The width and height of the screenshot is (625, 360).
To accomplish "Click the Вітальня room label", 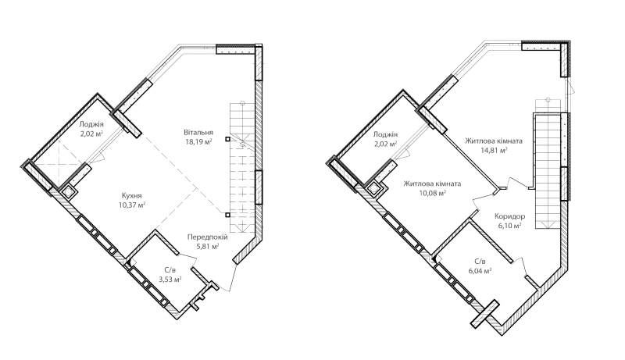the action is (x=198, y=132).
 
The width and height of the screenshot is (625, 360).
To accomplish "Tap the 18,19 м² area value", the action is (x=198, y=141).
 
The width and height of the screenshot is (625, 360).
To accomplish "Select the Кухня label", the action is (x=131, y=196).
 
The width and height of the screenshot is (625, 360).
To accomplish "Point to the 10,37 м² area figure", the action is (x=131, y=205).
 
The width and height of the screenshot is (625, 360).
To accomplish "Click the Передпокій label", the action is (x=208, y=237).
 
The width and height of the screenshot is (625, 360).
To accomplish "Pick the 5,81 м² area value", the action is (x=208, y=247).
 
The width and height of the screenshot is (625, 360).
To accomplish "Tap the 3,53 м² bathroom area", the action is (x=170, y=279).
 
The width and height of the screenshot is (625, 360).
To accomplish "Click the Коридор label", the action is (x=510, y=216).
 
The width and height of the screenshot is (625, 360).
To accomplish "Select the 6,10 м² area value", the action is (x=510, y=226).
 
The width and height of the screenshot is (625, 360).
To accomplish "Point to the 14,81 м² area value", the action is (x=494, y=151).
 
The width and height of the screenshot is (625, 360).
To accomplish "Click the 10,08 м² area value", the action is (x=433, y=193).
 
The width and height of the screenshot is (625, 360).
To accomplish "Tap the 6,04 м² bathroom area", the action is (x=480, y=271).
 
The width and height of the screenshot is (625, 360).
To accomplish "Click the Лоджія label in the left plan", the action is (x=91, y=124).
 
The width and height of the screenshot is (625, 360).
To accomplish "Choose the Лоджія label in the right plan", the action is (x=385, y=134).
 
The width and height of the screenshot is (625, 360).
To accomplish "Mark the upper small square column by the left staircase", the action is (x=227, y=139).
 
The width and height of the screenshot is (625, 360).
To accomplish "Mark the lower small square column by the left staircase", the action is (x=227, y=215).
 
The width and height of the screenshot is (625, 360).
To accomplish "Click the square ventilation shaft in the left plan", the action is (x=67, y=192).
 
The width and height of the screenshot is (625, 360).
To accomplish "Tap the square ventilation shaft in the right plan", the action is (x=376, y=188).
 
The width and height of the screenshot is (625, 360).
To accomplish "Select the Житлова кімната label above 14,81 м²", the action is (x=494, y=141).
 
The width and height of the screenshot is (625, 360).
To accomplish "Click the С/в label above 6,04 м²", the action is (x=480, y=262).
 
